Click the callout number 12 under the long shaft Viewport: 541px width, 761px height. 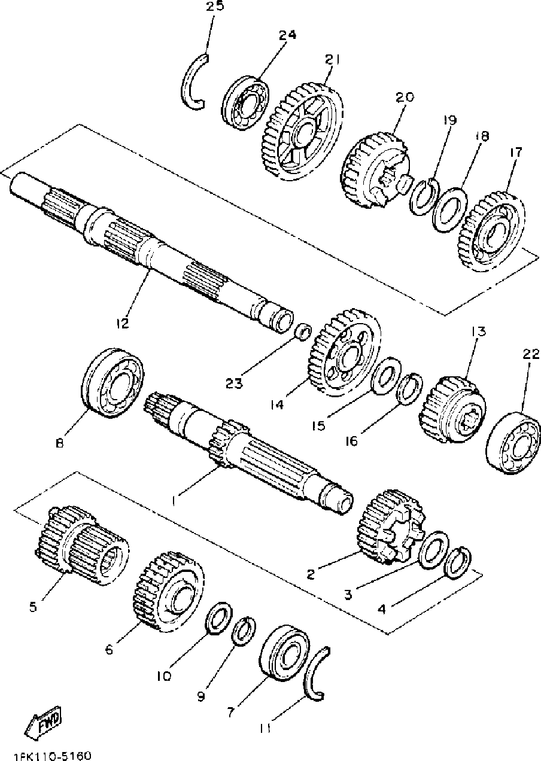coord(123,324)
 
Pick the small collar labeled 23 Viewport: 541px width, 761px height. coord(304,330)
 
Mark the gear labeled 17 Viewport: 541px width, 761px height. coord(494,231)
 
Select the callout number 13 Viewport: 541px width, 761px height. coord(479,331)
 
